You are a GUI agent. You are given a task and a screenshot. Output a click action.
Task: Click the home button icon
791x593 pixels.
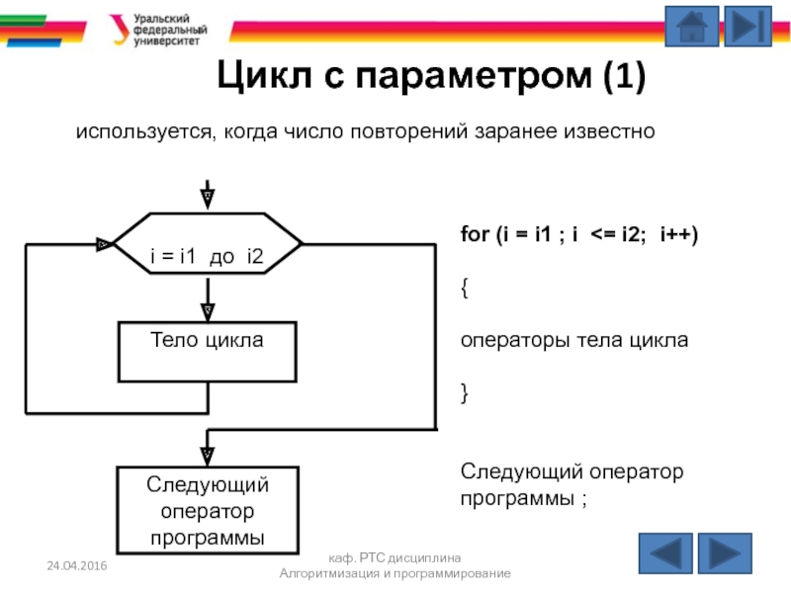click(x=691, y=27)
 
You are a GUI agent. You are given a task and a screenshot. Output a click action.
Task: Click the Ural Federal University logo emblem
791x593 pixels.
click(x=118, y=31)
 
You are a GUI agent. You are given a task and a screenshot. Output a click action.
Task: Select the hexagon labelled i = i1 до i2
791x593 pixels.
click(x=207, y=257)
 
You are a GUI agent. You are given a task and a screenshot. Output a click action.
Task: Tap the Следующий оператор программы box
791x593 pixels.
click(x=208, y=510)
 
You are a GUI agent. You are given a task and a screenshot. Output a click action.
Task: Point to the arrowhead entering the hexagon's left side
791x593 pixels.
click(x=104, y=243)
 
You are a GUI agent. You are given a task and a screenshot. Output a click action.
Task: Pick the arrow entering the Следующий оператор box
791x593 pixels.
click(x=208, y=455)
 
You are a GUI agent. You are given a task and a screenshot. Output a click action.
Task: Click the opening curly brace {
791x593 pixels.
click(x=465, y=288)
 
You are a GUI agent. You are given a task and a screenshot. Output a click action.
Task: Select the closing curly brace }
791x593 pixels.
click(x=465, y=393)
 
